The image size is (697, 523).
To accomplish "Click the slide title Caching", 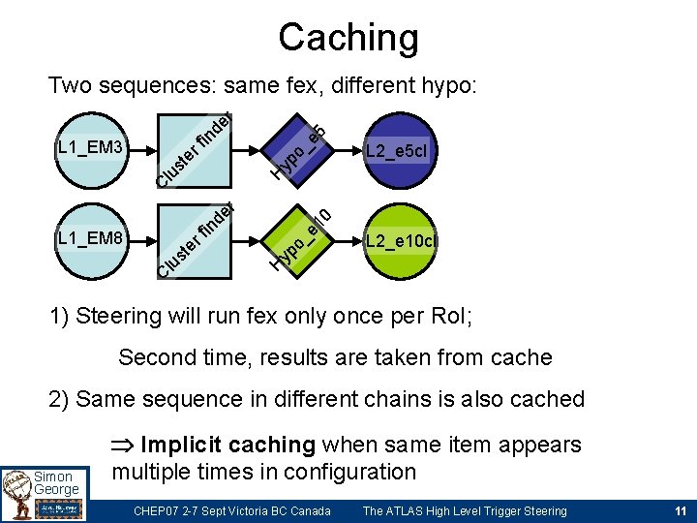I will [x=348, y=38].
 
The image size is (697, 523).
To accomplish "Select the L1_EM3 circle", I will [x=90, y=150].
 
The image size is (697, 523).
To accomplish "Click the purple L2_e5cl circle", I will [x=398, y=151].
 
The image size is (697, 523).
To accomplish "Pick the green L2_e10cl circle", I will [x=400, y=240].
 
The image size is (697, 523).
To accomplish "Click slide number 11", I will [x=678, y=510].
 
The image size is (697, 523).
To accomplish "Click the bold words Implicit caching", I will [x=227, y=445].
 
